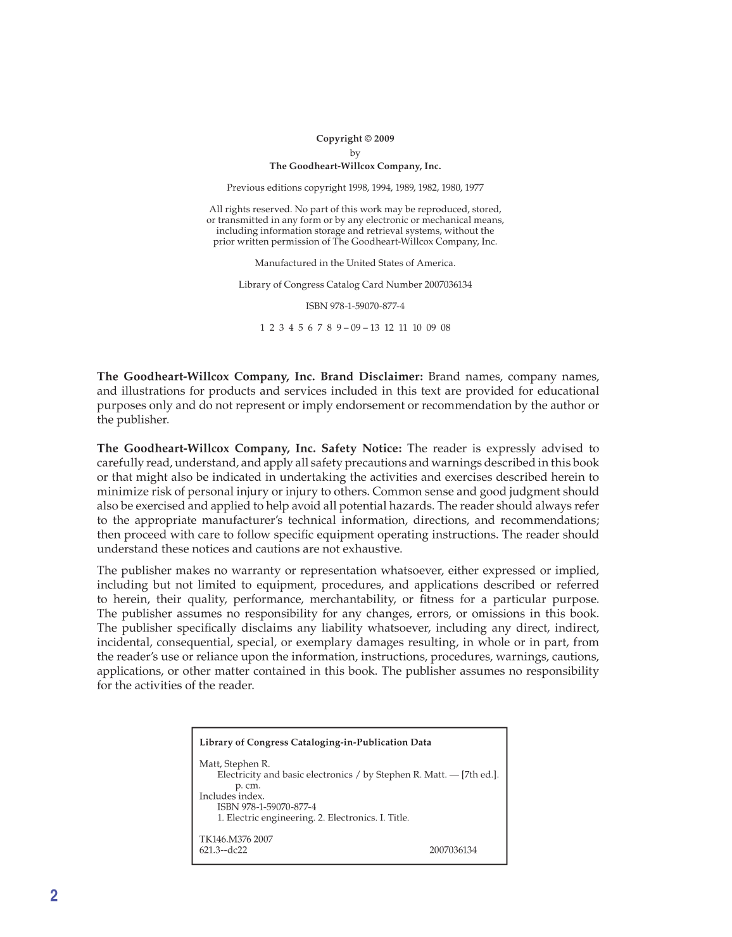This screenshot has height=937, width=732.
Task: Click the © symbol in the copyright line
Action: tap(368, 139)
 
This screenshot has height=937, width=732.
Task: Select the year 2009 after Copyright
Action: tap(384, 139)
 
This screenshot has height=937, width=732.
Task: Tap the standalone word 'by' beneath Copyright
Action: tap(355, 153)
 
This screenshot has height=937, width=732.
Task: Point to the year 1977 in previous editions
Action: tap(474, 188)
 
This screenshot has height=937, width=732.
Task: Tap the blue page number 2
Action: tap(54, 895)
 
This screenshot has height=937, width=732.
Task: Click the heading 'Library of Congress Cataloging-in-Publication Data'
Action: tap(315, 743)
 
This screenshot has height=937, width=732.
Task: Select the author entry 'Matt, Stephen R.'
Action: tap(234, 764)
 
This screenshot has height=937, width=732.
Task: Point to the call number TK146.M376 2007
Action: tap(236, 839)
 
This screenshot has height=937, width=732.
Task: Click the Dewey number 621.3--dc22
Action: tap(223, 850)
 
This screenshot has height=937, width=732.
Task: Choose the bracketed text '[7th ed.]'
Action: tap(480, 775)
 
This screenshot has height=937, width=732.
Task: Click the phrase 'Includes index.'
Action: tap(232, 796)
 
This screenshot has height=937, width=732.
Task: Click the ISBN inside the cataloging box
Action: tap(267, 807)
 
